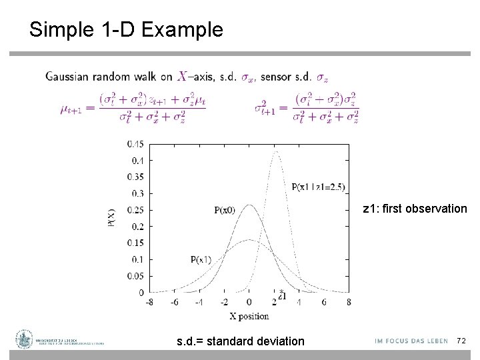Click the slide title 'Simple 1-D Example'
click(x=126, y=30)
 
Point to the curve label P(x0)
click(x=225, y=210)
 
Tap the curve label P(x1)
click(x=200, y=259)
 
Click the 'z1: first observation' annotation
click(x=415, y=209)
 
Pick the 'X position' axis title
click(x=248, y=315)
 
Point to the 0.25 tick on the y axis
click(x=136, y=210)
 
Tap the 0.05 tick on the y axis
click(x=136, y=276)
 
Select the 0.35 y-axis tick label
click(x=136, y=177)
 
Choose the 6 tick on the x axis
click(x=324, y=302)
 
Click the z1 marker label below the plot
click(x=282, y=297)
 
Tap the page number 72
click(x=461, y=341)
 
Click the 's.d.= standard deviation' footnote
click(x=240, y=341)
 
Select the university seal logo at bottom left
click(x=25, y=339)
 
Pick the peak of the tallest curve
click(x=276, y=151)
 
